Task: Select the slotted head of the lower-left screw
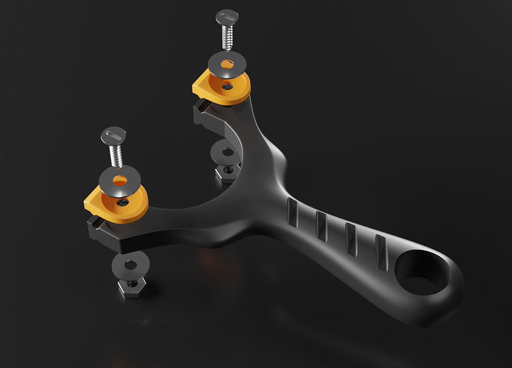pos(113,135)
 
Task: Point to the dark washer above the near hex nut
pos(131,263)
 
